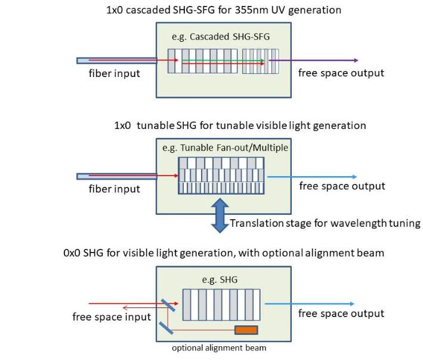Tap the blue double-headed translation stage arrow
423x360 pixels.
[x=220, y=216]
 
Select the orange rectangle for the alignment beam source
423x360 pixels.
[x=246, y=330]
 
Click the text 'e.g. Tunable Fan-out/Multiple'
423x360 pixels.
[x=225, y=147]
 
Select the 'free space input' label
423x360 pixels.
[x=112, y=316]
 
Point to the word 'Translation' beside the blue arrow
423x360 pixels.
[x=255, y=224]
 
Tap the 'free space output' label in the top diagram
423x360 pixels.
[x=341, y=73]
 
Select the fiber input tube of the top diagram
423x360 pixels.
[x=116, y=60]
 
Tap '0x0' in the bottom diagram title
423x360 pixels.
[x=73, y=253]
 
